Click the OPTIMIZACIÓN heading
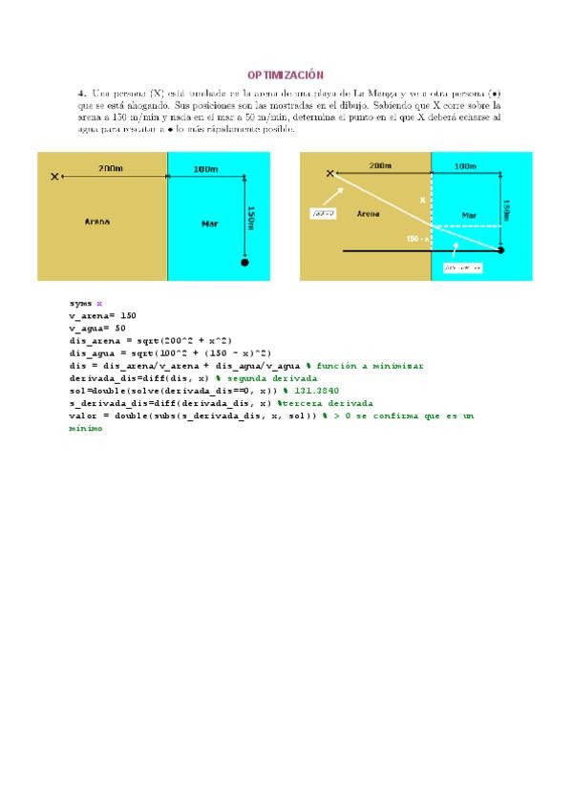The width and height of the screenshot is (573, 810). tap(286, 75)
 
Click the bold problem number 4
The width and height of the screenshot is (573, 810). tap(82, 93)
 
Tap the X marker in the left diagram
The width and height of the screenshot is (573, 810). tap(55, 176)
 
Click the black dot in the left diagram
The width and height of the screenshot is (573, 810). tap(245, 261)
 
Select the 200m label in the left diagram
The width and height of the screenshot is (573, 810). tap(111, 169)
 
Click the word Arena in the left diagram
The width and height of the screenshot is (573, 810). tap(96, 222)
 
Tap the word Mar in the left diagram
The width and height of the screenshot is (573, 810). tap(210, 224)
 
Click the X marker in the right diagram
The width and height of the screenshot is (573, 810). tap(330, 173)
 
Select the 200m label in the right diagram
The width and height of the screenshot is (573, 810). tap(380, 165)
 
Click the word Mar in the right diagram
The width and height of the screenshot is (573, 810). tap(469, 216)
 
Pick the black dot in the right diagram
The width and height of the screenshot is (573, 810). tap(500, 250)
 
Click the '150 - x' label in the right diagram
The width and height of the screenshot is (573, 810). tap(417, 238)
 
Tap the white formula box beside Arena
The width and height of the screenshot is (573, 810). tap(323, 214)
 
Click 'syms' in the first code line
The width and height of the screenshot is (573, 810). tap(80, 303)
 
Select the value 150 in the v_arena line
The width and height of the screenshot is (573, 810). tap(128, 315)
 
